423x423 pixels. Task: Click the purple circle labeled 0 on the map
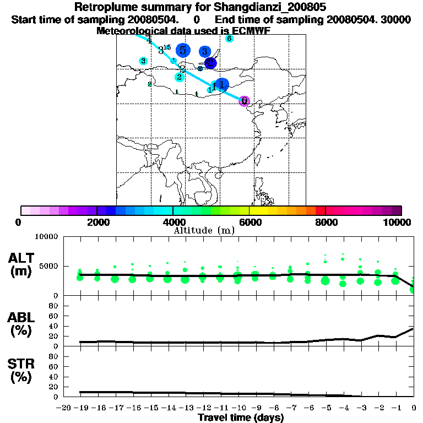coord(245,101)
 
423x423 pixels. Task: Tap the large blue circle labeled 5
coord(183,50)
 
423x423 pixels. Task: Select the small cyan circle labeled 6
coord(229,39)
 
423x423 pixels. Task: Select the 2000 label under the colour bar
coord(96,222)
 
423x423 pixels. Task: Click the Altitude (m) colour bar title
coord(204,230)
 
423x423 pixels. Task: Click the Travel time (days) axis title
coord(241,417)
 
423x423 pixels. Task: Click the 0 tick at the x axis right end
coord(414,408)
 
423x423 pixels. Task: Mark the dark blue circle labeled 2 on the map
coord(210,63)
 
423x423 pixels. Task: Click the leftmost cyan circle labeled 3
coord(143,61)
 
